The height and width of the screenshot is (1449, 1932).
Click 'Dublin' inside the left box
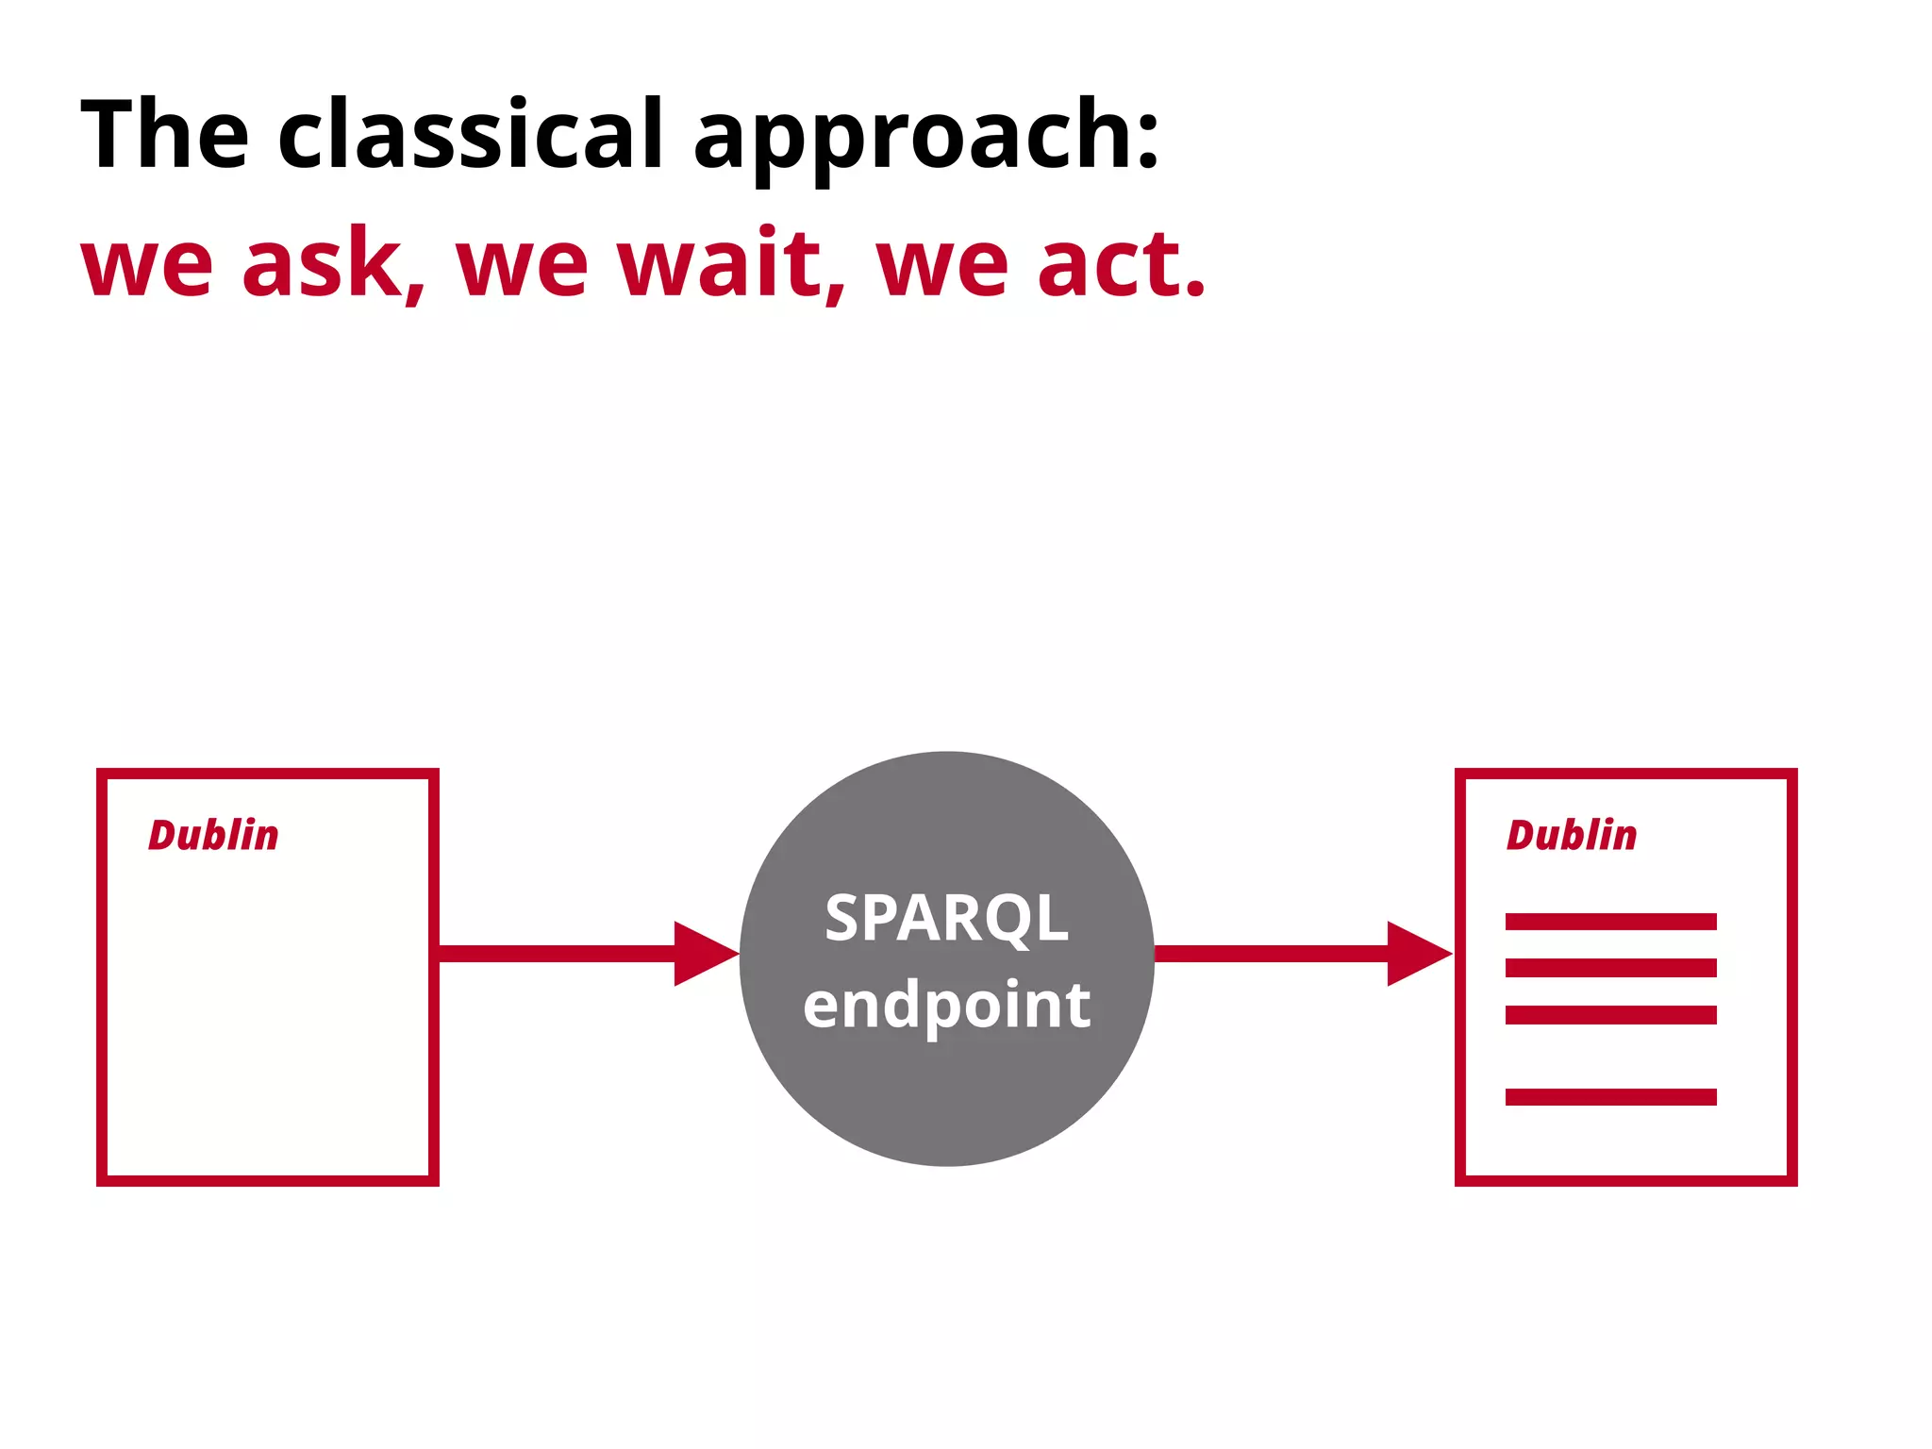[213, 835]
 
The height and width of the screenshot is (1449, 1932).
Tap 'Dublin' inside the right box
[1571, 835]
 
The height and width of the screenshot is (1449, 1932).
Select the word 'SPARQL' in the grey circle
[946, 918]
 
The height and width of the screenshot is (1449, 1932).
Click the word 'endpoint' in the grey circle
[946, 1005]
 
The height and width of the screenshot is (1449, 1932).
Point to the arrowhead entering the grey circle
[703, 954]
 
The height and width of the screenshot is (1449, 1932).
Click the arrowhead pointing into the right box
[1416, 954]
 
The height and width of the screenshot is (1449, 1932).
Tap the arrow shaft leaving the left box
[557, 954]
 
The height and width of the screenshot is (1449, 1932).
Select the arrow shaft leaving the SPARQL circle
[1270, 954]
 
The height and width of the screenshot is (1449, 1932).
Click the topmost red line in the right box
[1610, 922]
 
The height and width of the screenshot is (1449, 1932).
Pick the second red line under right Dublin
[1610, 968]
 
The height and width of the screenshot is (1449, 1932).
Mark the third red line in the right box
[1610, 1015]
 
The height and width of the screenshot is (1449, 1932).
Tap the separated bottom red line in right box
[1610, 1096]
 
